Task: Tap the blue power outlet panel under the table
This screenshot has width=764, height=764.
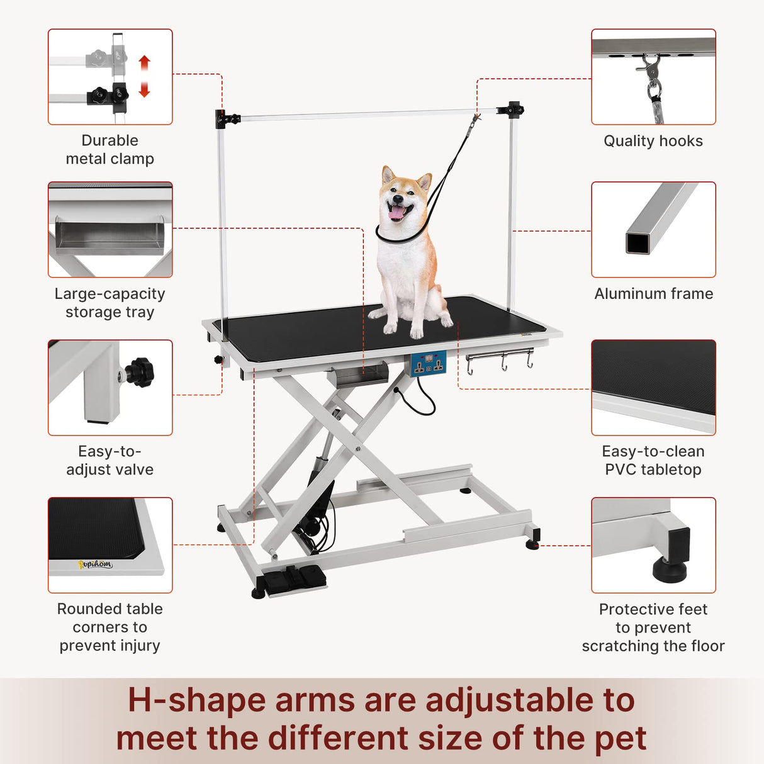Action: point(428,364)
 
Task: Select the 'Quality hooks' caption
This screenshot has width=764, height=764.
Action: point(653,141)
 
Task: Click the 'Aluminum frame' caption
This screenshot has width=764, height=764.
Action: point(653,294)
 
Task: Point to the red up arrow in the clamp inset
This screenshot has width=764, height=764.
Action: point(145,64)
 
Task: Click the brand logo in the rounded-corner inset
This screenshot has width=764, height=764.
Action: point(96,564)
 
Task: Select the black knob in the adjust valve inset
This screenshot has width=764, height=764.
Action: point(140,372)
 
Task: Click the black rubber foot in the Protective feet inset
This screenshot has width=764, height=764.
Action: point(672,570)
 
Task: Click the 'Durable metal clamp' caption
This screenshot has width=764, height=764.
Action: point(110,150)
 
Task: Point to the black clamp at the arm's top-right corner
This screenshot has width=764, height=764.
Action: point(514,110)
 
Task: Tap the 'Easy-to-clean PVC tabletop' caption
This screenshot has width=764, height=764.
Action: point(653,461)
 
